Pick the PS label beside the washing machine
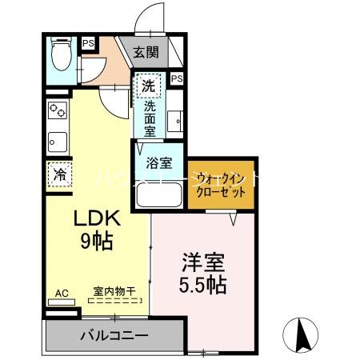click(x=177, y=78)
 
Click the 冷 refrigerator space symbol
click(x=60, y=174)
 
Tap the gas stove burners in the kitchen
click(x=58, y=110)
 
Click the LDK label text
click(x=98, y=218)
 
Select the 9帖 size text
click(x=98, y=240)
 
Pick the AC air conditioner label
click(x=61, y=293)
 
